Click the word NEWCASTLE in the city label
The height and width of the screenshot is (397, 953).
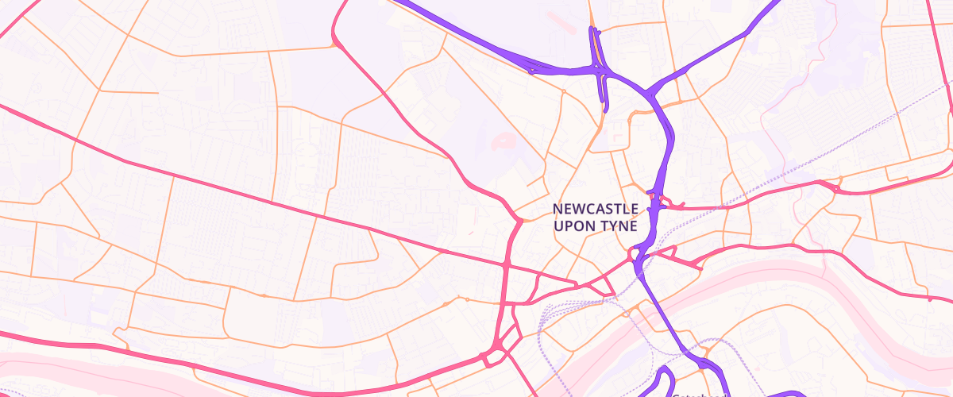point(595,209)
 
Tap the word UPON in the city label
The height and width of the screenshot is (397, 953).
point(574,225)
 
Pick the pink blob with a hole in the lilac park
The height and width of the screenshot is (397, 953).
point(504,142)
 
